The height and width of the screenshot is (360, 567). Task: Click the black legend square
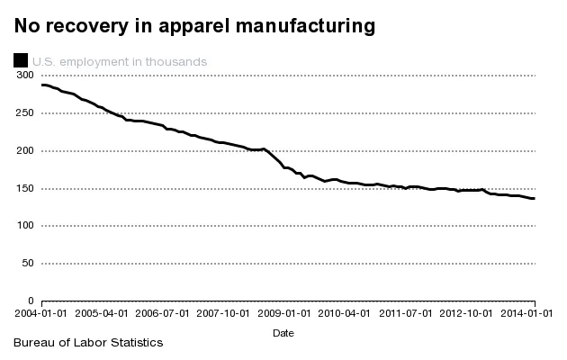(x=20, y=61)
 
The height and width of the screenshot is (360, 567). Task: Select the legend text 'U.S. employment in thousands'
(x=120, y=61)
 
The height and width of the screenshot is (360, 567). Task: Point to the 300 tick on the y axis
(x=25, y=76)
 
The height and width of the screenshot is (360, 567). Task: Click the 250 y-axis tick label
(x=25, y=113)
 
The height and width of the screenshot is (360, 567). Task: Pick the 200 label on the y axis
(x=25, y=150)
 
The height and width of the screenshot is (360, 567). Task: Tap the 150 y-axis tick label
(x=25, y=188)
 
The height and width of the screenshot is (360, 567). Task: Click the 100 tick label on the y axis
(x=25, y=226)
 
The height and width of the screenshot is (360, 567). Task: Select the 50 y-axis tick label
(x=28, y=263)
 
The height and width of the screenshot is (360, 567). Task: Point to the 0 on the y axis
(x=31, y=301)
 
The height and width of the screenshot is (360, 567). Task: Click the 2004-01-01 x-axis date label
(x=42, y=313)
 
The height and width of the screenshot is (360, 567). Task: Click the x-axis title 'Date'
(x=283, y=332)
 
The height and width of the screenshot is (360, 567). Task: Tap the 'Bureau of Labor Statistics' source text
(x=87, y=343)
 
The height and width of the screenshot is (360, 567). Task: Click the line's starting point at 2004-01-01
(x=43, y=85)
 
